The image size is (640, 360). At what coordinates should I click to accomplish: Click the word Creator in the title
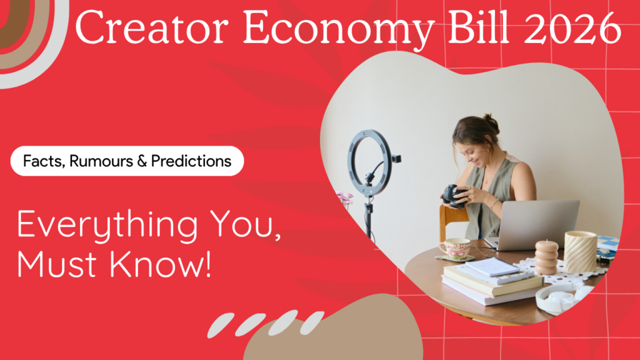(x=151, y=27)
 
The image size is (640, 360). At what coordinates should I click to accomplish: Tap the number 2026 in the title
(x=572, y=27)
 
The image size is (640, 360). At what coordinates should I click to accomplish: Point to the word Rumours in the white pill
(x=101, y=161)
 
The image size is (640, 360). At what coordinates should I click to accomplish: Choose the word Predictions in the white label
(x=191, y=161)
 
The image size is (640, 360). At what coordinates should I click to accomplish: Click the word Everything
(x=107, y=225)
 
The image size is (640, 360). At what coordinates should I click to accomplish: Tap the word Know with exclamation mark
(x=161, y=264)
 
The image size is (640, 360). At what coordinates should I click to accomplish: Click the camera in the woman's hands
(x=454, y=196)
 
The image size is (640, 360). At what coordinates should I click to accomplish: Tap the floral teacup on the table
(x=455, y=248)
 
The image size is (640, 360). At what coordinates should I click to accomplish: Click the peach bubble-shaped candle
(x=546, y=257)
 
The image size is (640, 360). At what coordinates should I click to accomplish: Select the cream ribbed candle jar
(x=581, y=251)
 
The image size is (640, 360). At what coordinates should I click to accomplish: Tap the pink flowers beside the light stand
(x=345, y=198)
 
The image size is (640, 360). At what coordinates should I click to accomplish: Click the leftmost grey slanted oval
(x=221, y=325)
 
